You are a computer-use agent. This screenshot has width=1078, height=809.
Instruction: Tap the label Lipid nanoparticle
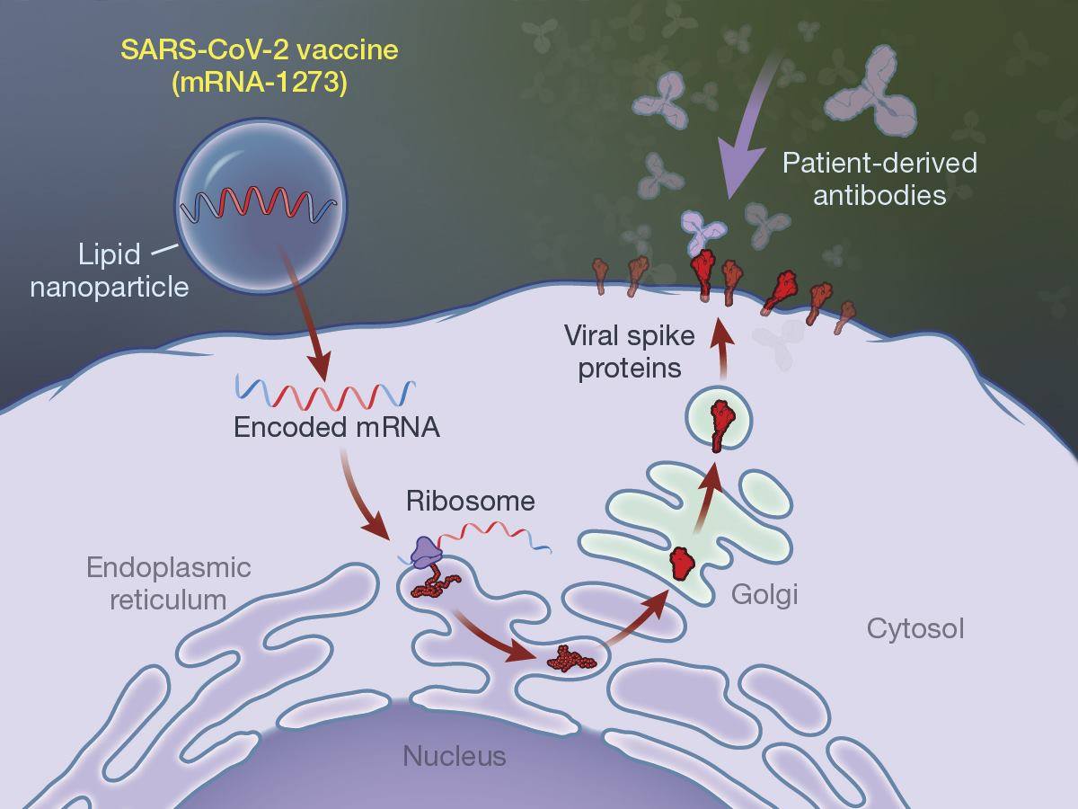click(x=110, y=271)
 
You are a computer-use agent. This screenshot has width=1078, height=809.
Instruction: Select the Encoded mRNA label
click(x=336, y=427)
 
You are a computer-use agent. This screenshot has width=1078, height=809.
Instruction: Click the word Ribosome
click(x=470, y=502)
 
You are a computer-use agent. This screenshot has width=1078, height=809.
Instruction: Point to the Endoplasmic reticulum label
click(x=169, y=583)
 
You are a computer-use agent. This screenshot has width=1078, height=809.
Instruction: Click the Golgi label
click(x=764, y=595)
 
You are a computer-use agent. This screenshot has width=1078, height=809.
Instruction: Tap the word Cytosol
click(x=915, y=629)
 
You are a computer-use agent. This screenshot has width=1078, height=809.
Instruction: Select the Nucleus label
click(x=455, y=756)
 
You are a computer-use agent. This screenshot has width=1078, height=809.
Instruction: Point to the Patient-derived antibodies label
click(x=879, y=179)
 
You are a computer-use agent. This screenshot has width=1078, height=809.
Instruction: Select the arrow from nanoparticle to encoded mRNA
click(x=304, y=315)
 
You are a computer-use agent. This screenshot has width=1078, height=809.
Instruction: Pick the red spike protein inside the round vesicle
click(x=719, y=425)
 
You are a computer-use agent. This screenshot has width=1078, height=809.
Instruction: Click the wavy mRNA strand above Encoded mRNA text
click(x=325, y=393)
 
